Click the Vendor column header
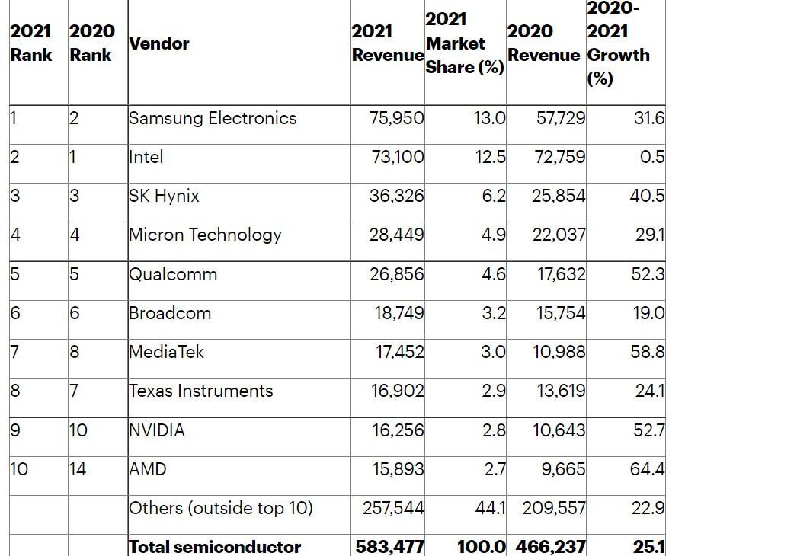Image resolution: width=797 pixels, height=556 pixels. [x=159, y=43]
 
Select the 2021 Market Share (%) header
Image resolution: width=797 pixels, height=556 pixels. [x=464, y=43]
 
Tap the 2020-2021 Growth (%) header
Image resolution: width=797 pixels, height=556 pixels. [x=618, y=43]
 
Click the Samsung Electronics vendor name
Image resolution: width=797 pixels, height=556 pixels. [x=213, y=118]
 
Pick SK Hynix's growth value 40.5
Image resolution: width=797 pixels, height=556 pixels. [x=647, y=196]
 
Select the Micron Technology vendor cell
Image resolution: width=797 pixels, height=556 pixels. [x=205, y=235]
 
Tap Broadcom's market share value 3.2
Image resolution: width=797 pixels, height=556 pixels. [x=494, y=313]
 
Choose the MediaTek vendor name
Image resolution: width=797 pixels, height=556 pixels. [x=166, y=352]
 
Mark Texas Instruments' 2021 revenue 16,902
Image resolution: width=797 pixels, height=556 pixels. [x=396, y=391]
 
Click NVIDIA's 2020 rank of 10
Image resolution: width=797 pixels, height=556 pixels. [x=78, y=430]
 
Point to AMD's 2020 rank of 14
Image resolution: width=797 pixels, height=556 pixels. [x=78, y=469]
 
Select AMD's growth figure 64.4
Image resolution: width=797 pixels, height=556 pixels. [x=647, y=469]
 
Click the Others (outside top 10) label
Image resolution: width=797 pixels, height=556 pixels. [x=221, y=508]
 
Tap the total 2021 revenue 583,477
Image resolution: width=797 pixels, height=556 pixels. [x=389, y=546]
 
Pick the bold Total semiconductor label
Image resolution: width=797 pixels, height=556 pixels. [x=215, y=546]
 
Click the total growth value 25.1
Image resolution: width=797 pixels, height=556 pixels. [x=648, y=546]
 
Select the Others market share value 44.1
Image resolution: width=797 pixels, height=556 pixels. [x=491, y=508]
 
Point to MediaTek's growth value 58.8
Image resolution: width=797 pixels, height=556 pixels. [x=647, y=352]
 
